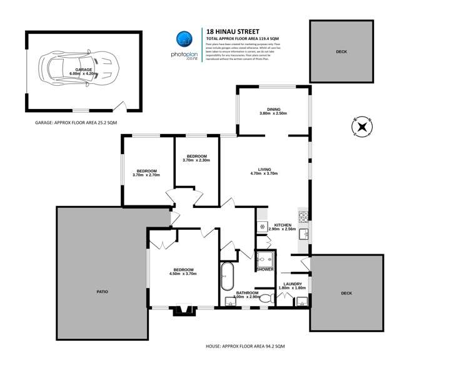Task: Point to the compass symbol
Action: pyautogui.click(x=361, y=127)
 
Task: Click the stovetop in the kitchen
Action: pyautogui.click(x=303, y=217)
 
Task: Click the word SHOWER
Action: pyautogui.click(x=265, y=270)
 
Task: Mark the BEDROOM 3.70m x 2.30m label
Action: pyautogui.click(x=196, y=158)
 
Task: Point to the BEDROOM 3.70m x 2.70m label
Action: pyautogui.click(x=146, y=173)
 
